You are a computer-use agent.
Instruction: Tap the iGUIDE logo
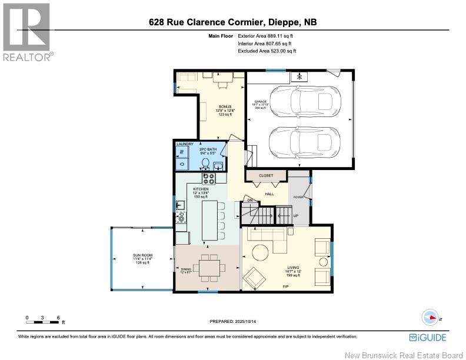coord(428,337)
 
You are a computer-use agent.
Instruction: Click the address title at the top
coord(237,23)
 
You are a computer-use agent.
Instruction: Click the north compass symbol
coord(432,316)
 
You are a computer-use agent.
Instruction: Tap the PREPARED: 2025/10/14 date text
coord(234,321)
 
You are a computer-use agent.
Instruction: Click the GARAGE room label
coord(260,102)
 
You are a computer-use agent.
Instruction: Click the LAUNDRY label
coord(185,144)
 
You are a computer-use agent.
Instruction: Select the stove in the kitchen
coord(210,177)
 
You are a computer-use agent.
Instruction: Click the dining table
coord(210,266)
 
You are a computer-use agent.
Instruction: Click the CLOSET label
coord(267,175)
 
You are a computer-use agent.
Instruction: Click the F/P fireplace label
coord(286,286)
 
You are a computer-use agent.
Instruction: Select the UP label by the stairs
coord(296,216)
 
